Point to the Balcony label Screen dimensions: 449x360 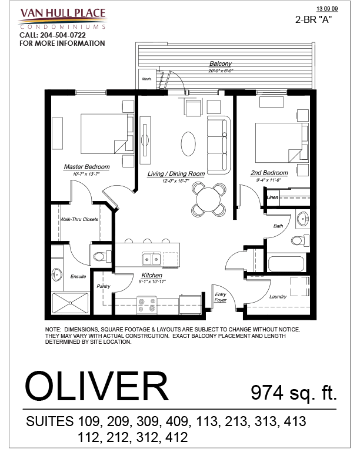tap(221, 63)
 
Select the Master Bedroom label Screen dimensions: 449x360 tap(86, 167)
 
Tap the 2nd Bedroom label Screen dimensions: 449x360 tap(269, 173)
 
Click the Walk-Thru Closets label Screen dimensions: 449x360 tap(79, 219)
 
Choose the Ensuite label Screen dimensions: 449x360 tap(78, 276)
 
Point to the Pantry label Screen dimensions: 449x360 tap(104, 286)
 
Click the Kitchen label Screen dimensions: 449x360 tap(152, 275)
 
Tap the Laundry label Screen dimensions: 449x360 tap(278, 297)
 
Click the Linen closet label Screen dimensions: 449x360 tap(272, 197)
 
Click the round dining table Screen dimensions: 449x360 tap(209, 199)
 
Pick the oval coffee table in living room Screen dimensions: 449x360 tap(188, 142)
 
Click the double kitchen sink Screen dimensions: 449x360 tap(151, 259)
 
